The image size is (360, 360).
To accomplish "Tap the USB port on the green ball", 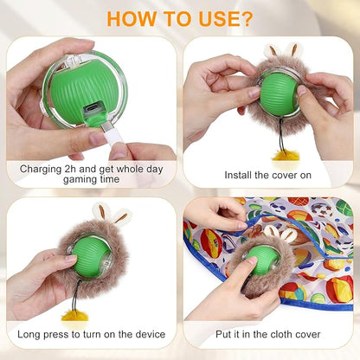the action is tap(92, 110).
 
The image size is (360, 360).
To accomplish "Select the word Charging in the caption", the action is tap(41, 170).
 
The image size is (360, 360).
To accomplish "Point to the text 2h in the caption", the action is tap(70, 169).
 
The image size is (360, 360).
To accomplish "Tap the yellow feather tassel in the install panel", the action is tap(283, 155).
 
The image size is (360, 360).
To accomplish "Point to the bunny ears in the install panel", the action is tap(282, 51).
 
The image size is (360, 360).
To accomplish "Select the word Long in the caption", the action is tap(29, 335).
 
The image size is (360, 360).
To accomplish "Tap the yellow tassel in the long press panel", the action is tap(74, 315).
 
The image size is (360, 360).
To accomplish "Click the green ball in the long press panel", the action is tap(91, 257).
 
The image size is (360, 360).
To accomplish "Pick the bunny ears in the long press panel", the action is tap(112, 213).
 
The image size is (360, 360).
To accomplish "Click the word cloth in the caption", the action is tap(278, 334).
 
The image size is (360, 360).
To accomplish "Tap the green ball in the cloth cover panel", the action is tap(260, 260).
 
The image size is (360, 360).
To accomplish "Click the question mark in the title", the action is tap(245, 19).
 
